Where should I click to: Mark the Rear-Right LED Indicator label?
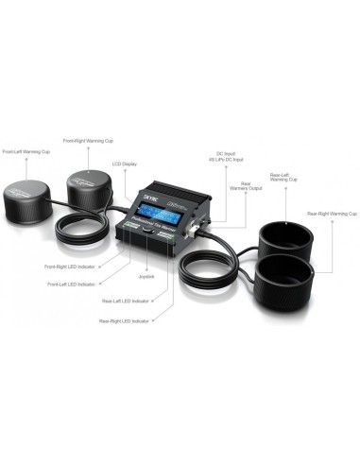pyautogui.click(x=127, y=321)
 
